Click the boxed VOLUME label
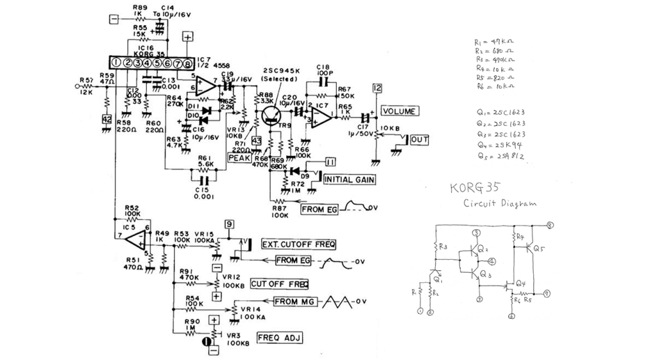point(400,111)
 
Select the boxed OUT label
point(420,139)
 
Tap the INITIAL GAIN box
point(349,179)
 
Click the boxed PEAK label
point(239,157)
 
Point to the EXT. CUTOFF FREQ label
point(298,244)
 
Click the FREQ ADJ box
point(279,338)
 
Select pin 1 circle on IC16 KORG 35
point(117,63)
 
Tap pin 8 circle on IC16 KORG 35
point(187,63)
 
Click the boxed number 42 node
point(107,119)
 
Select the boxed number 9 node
point(228,224)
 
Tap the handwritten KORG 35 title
point(475,188)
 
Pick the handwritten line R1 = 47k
point(493,42)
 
